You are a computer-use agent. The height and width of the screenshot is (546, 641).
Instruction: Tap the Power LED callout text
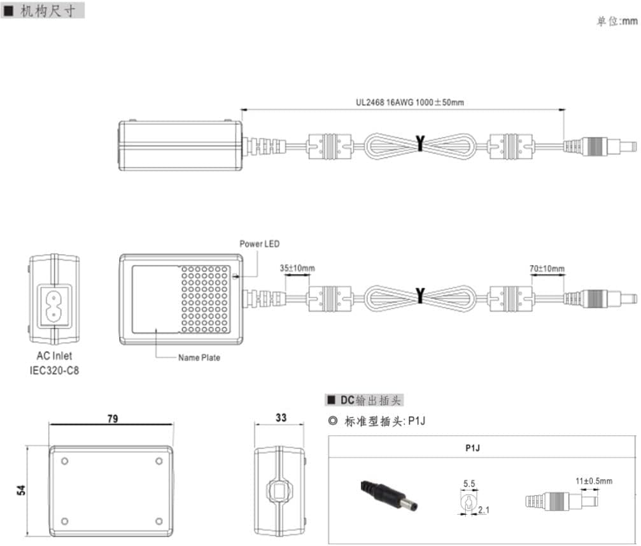tap(259, 244)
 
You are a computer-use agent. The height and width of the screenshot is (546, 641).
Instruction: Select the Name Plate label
tap(199, 358)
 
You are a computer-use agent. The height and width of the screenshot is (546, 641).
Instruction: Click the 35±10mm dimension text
tap(297, 268)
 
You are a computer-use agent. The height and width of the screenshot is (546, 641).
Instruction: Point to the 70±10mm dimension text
tap(546, 268)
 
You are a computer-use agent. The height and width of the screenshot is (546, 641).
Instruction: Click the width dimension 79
tap(112, 419)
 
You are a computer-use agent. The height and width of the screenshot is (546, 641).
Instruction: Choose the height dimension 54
tap(20, 490)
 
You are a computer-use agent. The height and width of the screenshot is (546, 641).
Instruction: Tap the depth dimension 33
tap(281, 418)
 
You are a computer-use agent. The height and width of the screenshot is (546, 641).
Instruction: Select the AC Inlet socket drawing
tap(54, 299)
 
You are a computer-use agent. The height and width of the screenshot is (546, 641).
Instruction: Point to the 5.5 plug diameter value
tap(469, 484)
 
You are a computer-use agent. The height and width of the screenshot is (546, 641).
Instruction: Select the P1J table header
tap(472, 448)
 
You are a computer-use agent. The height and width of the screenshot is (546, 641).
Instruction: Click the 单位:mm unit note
tap(616, 22)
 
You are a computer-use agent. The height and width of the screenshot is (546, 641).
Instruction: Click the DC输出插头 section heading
tap(365, 400)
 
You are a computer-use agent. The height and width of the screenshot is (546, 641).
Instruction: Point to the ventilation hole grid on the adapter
tap(204, 299)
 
